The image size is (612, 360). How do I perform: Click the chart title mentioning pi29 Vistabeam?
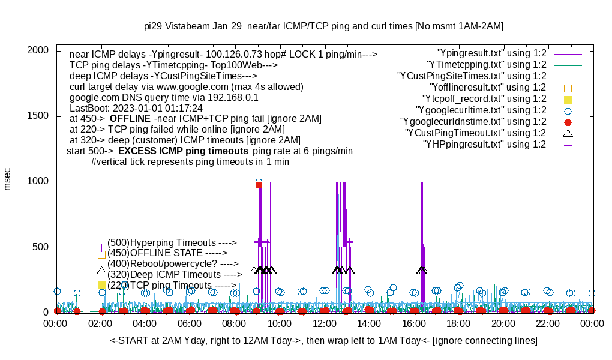(323, 26)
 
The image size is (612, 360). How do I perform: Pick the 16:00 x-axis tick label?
(413, 323)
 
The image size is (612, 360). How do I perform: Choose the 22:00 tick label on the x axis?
(547, 323)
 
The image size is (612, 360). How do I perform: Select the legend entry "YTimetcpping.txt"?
(486, 64)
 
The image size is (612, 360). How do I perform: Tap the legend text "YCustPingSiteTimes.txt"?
(472, 76)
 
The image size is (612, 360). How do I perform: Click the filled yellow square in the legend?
(568, 99)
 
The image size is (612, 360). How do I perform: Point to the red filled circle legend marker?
(568, 122)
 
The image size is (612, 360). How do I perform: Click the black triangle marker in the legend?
(568, 133)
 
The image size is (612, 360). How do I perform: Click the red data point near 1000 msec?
(259, 185)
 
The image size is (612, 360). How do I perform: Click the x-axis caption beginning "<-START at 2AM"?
(323, 341)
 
